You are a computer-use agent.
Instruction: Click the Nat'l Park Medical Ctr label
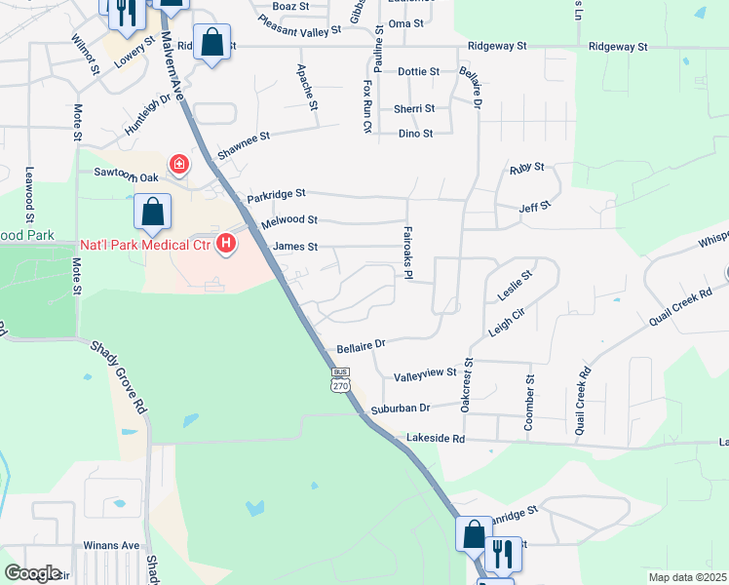click(145, 244)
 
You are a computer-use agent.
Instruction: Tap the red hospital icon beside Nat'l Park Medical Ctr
click(226, 243)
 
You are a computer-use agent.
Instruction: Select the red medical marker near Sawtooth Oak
click(179, 164)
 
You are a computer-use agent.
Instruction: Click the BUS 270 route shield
click(340, 379)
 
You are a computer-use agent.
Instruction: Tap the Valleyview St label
click(425, 373)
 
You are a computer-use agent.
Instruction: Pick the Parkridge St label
click(276, 196)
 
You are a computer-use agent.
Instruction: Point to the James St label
click(296, 247)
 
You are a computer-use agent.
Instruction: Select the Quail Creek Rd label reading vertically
click(584, 400)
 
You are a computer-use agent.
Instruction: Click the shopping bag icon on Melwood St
click(153, 212)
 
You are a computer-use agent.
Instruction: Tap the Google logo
click(32, 572)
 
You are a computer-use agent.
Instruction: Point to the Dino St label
click(415, 134)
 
